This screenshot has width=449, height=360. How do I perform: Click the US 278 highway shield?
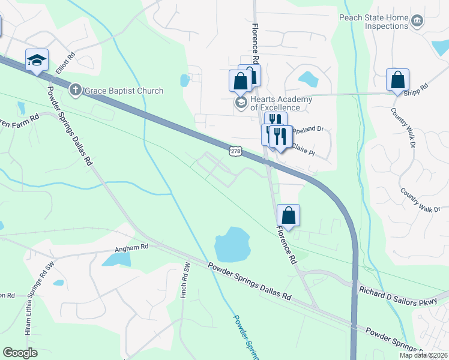(234, 152)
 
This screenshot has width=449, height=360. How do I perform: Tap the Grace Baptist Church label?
(123, 91)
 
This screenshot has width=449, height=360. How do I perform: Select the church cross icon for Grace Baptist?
(75, 91)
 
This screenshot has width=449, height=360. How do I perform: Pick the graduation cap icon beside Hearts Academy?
(241, 103)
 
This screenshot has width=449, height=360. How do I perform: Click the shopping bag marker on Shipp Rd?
(397, 80)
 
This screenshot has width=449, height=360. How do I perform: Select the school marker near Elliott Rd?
(37, 60)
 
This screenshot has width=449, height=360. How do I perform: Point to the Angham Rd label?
(131, 247)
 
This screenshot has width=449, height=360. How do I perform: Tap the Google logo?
(20, 353)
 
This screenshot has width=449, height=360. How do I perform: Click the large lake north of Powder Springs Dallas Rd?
(232, 244)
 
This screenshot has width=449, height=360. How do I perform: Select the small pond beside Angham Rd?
(116, 259)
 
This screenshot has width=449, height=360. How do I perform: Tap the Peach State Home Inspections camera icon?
(417, 22)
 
